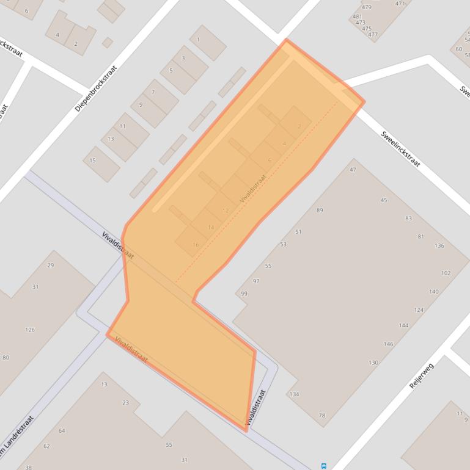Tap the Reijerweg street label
(x=421, y=375)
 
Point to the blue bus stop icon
(x=323, y=466)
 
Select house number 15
(x=93, y=161)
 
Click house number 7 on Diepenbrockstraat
(x=153, y=92)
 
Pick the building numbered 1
(x=198, y=40)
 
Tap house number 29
(x=51, y=266)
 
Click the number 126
(x=30, y=330)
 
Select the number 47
(x=353, y=170)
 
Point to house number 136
(x=439, y=246)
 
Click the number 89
(x=320, y=211)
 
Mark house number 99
(x=244, y=294)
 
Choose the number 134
(x=295, y=394)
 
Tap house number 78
(x=322, y=416)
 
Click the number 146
(x=389, y=344)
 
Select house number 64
(x=62, y=431)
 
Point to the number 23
(x=126, y=402)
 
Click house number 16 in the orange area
(x=196, y=245)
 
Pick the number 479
(x=367, y=8)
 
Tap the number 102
(x=446, y=273)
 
